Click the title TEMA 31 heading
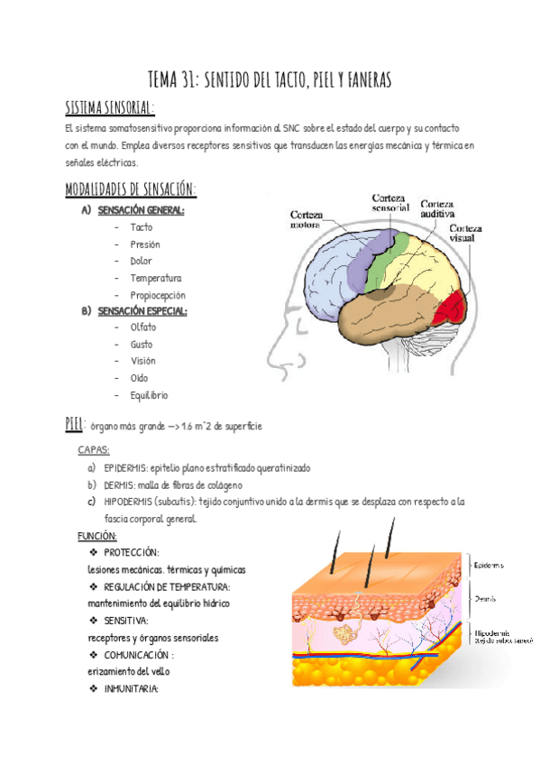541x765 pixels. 270,82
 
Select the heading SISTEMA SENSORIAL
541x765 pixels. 109,108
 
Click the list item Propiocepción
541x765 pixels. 157,295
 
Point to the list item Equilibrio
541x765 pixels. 149,395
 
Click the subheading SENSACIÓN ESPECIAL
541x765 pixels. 142,311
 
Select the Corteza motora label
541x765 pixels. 309,221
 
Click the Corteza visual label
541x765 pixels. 466,234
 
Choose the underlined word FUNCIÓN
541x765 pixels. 97,536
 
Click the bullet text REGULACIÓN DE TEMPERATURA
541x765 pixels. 166,586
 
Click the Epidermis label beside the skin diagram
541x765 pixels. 489,566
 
